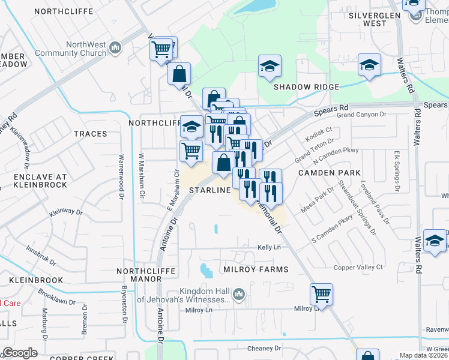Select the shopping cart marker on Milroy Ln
322,295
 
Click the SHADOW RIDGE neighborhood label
306,87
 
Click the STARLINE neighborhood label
210,190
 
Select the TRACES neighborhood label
90,133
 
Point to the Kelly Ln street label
269,247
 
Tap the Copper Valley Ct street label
359,266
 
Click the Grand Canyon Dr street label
360,114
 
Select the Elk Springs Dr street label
396,172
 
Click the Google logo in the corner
20,353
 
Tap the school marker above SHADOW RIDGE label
270,67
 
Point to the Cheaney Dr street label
264,348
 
